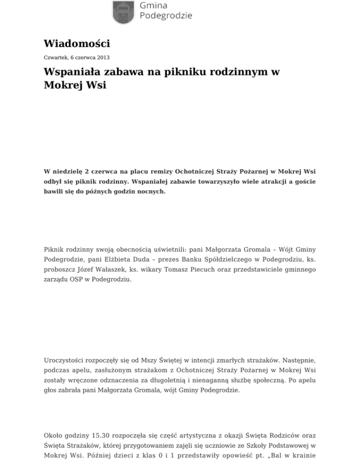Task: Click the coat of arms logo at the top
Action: tap(124, 12)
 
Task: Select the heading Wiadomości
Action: tap(77, 44)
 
